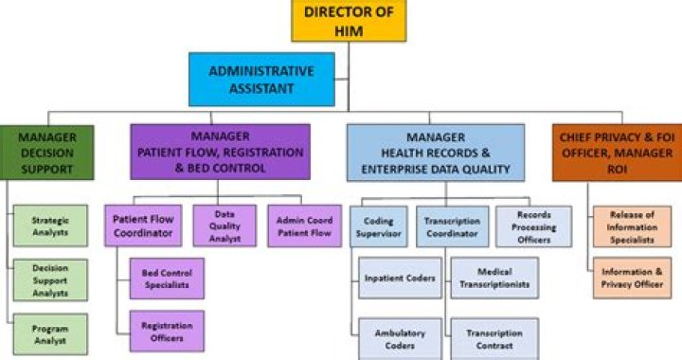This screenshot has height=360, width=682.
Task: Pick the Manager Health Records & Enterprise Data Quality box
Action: (x=435, y=152)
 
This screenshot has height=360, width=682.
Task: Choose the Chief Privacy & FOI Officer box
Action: (x=616, y=152)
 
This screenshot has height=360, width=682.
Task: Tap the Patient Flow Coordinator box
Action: (x=143, y=225)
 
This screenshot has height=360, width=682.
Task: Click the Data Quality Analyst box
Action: (x=224, y=225)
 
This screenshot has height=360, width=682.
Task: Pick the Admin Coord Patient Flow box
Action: (x=302, y=225)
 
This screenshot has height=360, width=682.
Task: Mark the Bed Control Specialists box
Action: (x=167, y=279)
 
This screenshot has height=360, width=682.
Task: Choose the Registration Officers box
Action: (x=167, y=332)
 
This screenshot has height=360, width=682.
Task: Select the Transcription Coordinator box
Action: (x=452, y=225)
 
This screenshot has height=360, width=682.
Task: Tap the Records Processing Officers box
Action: (x=533, y=225)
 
